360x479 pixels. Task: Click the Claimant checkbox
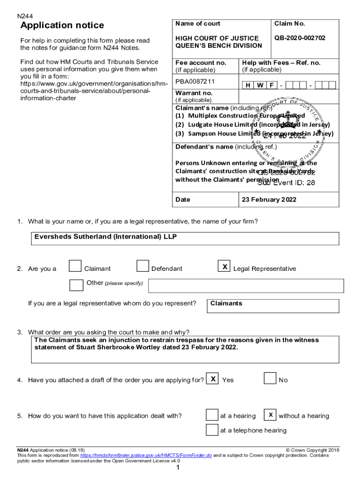coord(75,266)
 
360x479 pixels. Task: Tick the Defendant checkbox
coord(143,266)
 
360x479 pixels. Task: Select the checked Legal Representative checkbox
coord(225,266)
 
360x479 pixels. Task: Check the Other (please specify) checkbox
coord(76,285)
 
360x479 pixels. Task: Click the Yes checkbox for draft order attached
coord(213,378)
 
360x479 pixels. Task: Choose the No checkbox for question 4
coord(270,378)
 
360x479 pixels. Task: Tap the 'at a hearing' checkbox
coord(212,415)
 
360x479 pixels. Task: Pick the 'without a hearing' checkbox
coord(270,415)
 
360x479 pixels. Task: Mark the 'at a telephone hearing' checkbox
coord(212,429)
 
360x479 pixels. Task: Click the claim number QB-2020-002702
coord(300,38)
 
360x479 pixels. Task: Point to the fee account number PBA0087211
coord(195,82)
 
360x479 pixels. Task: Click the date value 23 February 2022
coord(269,199)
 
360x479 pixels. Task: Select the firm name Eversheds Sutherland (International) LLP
coord(106,237)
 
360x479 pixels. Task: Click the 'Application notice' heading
coord(62,25)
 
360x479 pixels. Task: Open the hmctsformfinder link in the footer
coord(146,455)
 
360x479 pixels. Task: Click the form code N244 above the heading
coord(25,16)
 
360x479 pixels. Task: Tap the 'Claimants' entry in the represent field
coord(226,304)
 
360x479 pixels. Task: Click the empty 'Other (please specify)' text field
coord(246,285)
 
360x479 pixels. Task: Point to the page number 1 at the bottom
coord(178,468)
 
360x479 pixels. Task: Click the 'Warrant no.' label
coord(194,93)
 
